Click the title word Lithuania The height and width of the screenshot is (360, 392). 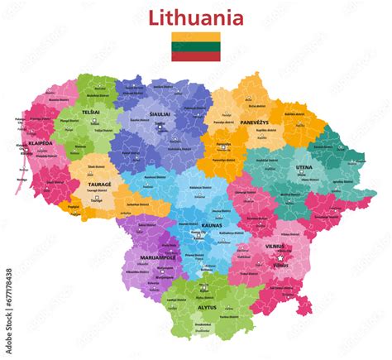pyautogui.click(x=195, y=17)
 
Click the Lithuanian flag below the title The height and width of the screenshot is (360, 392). pyautogui.click(x=195, y=47)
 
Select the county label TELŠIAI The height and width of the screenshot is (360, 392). pyautogui.click(x=92, y=110)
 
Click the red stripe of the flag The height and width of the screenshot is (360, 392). pyautogui.click(x=195, y=56)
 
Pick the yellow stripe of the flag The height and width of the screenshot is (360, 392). pyautogui.click(x=195, y=37)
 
